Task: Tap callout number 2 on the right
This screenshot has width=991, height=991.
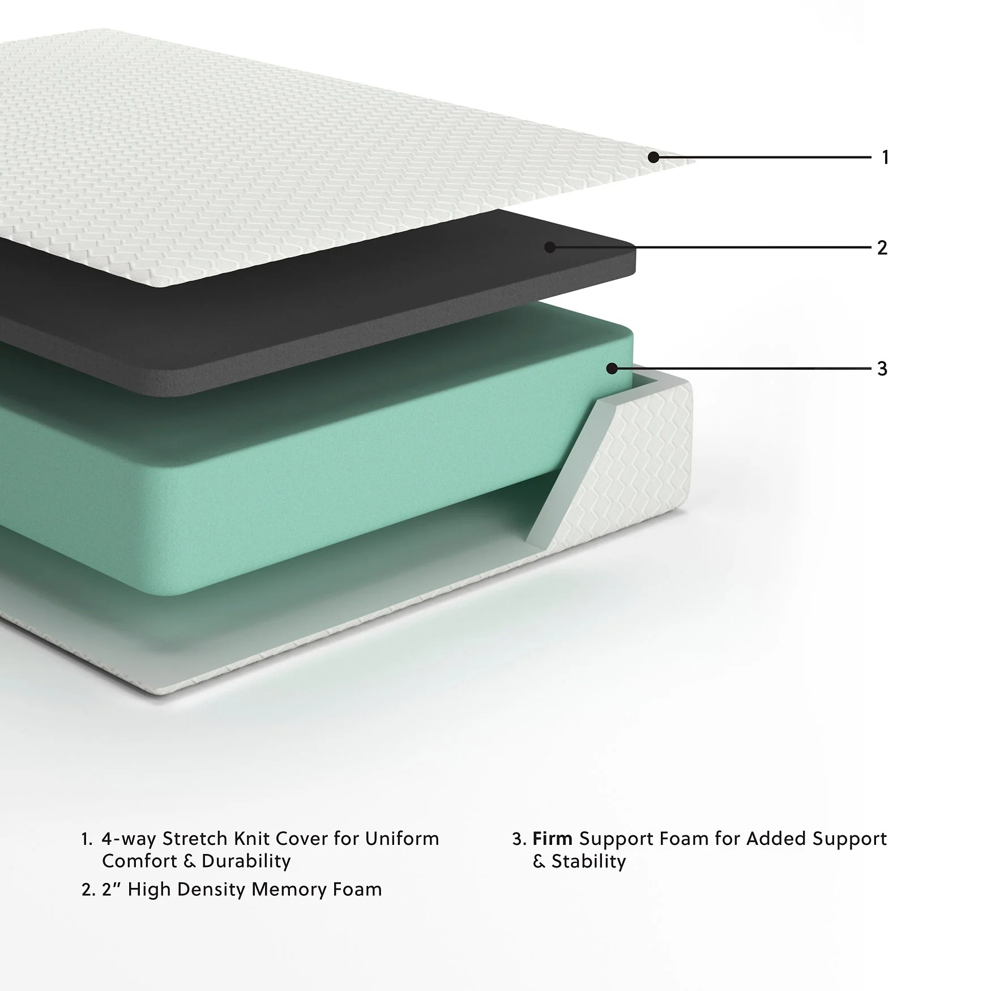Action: (x=882, y=247)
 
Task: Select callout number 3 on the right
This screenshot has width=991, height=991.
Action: (x=882, y=369)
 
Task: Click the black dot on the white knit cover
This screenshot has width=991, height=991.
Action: (x=653, y=157)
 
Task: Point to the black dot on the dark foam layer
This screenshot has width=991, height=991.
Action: (x=549, y=247)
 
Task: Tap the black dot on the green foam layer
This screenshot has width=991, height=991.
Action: (x=612, y=369)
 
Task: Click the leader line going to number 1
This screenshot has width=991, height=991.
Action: (x=764, y=157)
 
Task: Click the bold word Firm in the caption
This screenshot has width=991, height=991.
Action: (x=553, y=839)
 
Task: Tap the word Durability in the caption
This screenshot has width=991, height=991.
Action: (x=246, y=862)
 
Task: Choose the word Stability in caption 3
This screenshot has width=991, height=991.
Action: (x=588, y=862)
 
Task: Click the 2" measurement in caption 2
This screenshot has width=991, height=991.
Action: (x=112, y=890)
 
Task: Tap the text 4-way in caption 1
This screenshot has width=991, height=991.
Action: (x=129, y=839)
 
